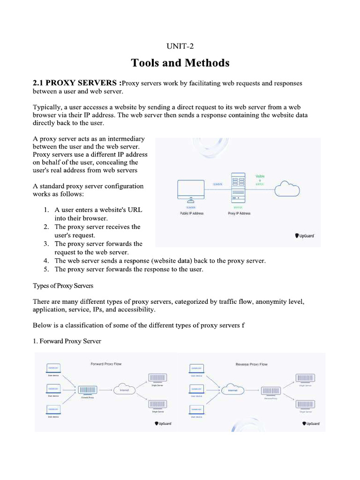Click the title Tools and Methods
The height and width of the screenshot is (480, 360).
click(180, 62)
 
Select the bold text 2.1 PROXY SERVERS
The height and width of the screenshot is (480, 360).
click(76, 83)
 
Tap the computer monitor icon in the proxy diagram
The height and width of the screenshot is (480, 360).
click(191, 192)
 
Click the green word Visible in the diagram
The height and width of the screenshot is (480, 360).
click(260, 176)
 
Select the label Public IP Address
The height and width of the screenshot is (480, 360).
click(192, 213)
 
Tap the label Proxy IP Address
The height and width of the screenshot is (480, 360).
click(239, 213)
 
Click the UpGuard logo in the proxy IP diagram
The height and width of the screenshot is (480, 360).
click(304, 236)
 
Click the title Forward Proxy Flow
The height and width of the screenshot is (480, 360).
click(105, 364)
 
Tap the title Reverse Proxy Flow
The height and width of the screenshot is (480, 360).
click(251, 364)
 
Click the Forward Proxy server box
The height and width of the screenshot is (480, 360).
click(88, 390)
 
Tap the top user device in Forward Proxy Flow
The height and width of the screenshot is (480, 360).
click(52, 368)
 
